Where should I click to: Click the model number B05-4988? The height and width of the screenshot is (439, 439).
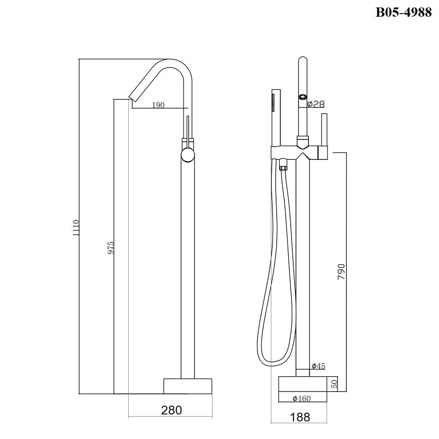tap(403, 12)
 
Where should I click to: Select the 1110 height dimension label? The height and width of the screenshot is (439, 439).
tap(76, 228)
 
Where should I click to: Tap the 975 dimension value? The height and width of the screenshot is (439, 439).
tap(111, 248)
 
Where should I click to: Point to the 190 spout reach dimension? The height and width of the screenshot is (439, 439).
tap(158, 105)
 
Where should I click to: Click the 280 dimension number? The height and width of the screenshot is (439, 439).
tap(172, 410)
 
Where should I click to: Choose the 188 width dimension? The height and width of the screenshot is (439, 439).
tap(300, 417)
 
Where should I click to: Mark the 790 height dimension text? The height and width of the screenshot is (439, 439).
tap(341, 272)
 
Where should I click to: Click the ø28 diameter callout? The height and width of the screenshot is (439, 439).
tap(316, 104)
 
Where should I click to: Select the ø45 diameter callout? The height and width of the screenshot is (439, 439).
tap(318, 366)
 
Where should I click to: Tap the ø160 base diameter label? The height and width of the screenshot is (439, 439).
tap(302, 398)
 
